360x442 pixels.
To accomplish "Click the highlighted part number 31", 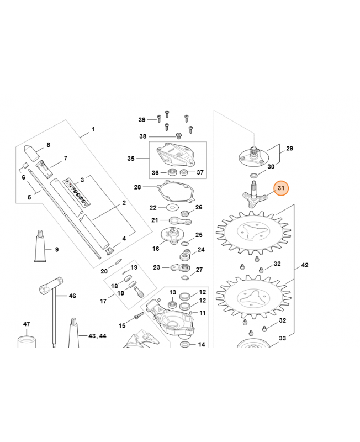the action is point(281,188).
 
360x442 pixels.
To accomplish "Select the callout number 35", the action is point(131,159).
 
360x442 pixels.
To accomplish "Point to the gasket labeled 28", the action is point(175,192).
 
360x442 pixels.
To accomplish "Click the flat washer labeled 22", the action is point(171,208).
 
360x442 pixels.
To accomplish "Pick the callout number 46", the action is point(72,296).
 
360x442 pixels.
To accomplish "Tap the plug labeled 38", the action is point(178,136).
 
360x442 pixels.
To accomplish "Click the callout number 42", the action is point(304,265).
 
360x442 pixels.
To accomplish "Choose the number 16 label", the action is point(156,249).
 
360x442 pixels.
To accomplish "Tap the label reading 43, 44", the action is point(97,336).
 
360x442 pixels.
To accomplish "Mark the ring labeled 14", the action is point(185,344).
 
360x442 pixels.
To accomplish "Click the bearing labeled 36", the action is point(171,172).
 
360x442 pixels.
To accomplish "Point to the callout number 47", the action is point(27,324).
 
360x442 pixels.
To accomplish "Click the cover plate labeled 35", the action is point(175,154).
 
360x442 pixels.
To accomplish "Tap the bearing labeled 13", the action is point(172,304).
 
